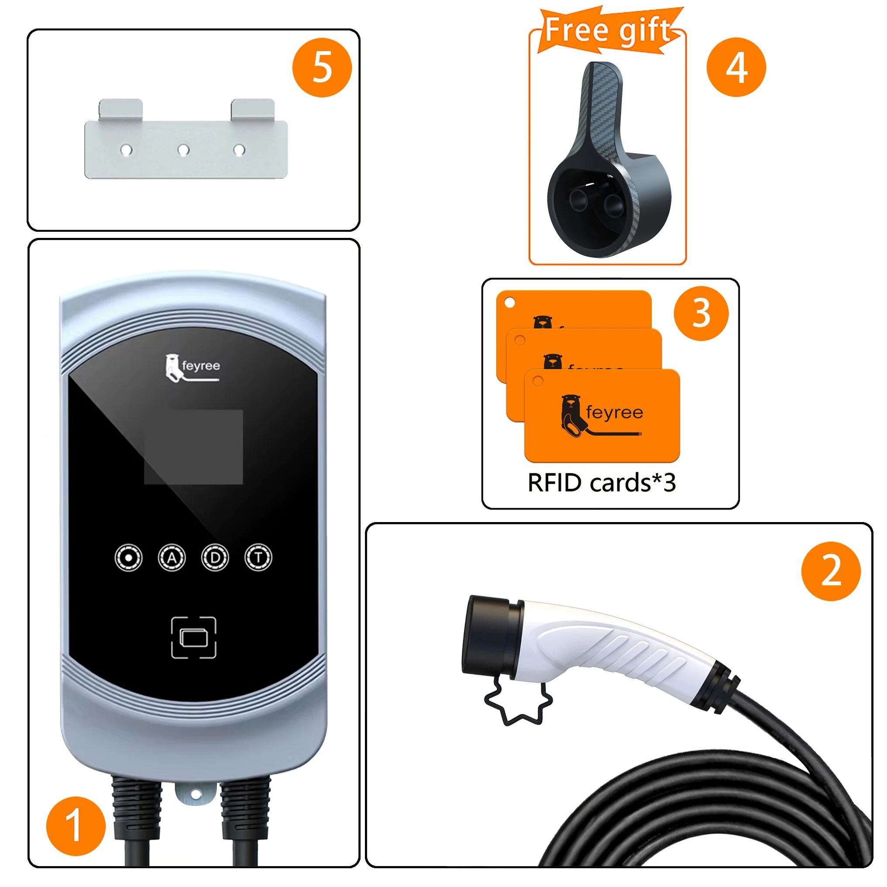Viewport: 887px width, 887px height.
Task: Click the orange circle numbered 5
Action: click(322, 68)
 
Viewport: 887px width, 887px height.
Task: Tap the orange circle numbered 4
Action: click(736, 68)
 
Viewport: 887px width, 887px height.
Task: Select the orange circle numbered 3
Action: click(701, 313)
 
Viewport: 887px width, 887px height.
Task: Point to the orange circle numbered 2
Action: click(831, 571)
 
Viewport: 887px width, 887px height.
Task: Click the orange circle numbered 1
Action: click(76, 826)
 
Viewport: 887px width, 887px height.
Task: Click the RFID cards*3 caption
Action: click(602, 483)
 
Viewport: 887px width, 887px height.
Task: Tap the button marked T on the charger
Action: click(258, 558)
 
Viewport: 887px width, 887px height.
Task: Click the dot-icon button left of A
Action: click(128, 558)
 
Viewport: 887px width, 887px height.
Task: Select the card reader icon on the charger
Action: click(194, 638)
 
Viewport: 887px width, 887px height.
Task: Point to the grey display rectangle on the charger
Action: click(193, 447)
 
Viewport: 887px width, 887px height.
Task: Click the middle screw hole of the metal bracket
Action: click(184, 150)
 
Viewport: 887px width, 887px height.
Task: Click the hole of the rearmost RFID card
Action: click(509, 303)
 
